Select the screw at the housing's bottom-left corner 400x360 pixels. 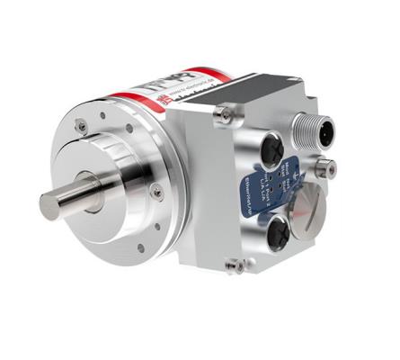(x=235, y=265)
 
